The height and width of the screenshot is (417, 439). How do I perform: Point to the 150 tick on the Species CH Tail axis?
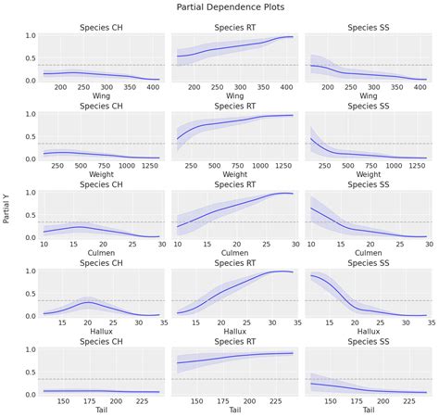pos(63,400)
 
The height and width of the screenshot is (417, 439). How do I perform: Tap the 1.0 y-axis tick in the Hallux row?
pos(30,271)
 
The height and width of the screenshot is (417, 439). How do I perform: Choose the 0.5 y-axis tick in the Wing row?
pos(30,57)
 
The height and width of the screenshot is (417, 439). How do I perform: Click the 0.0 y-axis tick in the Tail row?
pos(30,394)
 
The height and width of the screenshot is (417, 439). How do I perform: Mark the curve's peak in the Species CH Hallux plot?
pos(88,302)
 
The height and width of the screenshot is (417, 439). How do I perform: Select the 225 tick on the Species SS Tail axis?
pos(406,400)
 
